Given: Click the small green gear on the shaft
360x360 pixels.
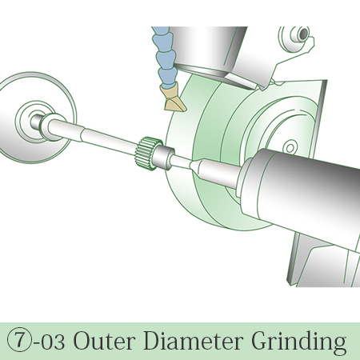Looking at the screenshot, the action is coord(146,154).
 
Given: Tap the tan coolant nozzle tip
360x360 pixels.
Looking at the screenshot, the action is coord(174,99).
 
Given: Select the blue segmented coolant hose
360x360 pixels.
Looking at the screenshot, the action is coord(163,57).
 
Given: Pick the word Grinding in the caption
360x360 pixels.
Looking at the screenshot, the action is coord(299,342).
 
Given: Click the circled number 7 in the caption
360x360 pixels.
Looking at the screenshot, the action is coord(19,341).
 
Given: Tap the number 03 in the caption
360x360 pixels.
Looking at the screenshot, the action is coord(54,341).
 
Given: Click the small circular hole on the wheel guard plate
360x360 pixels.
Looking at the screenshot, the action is coord(290,148).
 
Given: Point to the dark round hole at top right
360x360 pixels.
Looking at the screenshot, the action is coord(304,33).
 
